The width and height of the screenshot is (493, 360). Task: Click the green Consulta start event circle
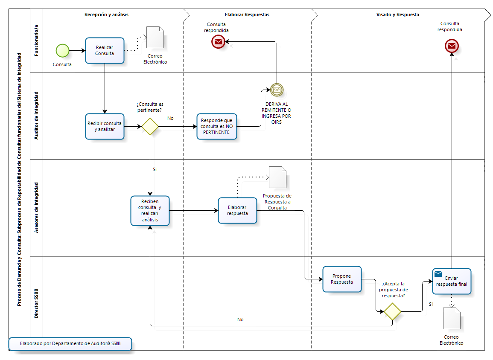pos(62,50)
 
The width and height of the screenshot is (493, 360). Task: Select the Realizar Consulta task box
pos(105,51)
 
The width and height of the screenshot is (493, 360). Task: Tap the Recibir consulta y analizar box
pos(105,126)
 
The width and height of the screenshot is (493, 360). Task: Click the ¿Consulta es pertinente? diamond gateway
pos(150,127)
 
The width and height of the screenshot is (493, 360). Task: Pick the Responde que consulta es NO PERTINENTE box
pos(216,126)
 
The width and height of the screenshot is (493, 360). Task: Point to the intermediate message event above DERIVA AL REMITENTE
pos(277,90)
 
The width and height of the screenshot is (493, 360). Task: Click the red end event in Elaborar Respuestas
pos(218,41)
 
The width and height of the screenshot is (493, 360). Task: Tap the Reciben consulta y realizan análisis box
pos(150,211)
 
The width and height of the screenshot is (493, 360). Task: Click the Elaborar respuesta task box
pos(237,210)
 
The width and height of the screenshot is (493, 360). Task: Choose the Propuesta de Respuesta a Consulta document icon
pos(277,177)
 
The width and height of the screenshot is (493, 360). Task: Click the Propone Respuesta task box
pos(342,279)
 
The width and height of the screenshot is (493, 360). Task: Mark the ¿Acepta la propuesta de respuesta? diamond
pos(392,311)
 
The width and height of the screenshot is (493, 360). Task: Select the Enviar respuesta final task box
pos(452,281)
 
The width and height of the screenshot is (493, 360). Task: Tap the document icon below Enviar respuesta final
pos(452,318)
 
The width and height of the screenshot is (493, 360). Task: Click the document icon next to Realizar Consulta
pos(155,37)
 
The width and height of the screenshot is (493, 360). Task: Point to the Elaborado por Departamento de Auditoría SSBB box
pos(70,344)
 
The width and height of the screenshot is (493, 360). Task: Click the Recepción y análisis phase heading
pos(107,15)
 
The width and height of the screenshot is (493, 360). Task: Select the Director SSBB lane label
pos(37,303)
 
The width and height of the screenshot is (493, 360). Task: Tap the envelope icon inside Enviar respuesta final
pos(438,274)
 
